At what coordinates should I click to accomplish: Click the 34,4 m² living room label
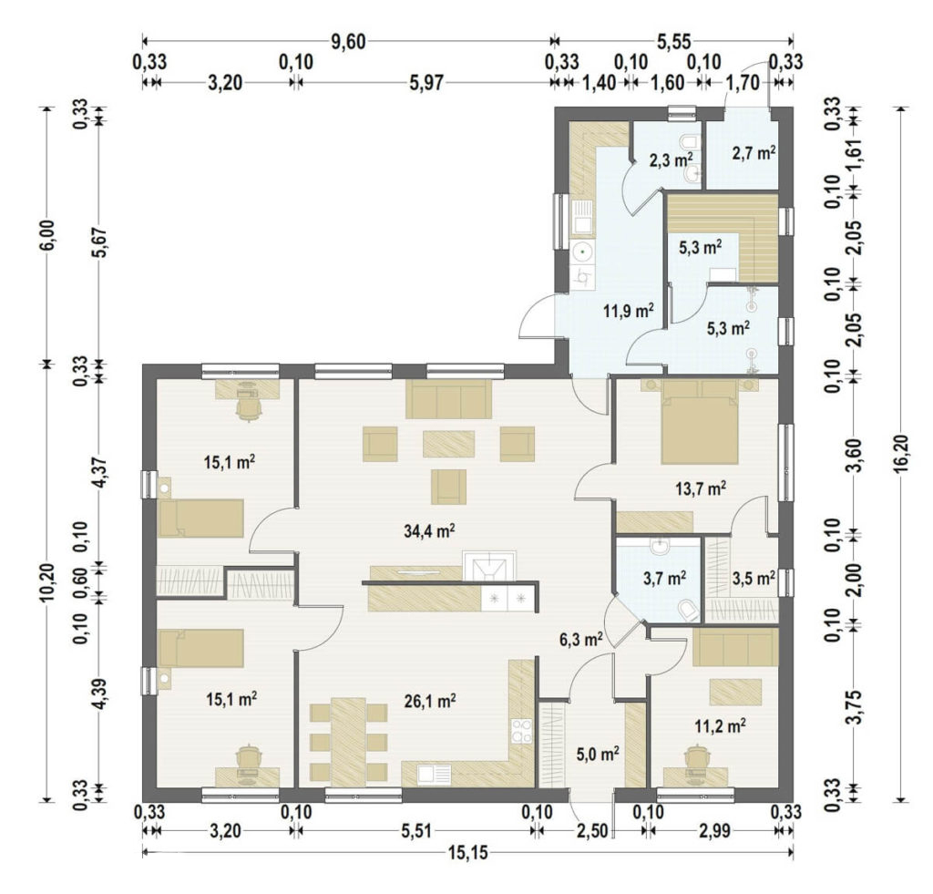[430, 530]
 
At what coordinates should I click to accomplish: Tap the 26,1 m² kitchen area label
[430, 701]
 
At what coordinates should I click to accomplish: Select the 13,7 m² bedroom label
[701, 489]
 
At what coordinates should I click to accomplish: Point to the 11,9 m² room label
[629, 310]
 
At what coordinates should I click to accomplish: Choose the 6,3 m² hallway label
[582, 640]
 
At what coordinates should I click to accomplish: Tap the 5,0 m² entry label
[598, 755]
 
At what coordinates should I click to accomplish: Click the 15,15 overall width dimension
[467, 853]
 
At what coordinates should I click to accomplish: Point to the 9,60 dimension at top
[348, 42]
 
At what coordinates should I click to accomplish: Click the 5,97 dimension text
[426, 82]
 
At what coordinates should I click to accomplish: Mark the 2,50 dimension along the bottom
[591, 830]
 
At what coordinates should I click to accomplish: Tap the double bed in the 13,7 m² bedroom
[700, 422]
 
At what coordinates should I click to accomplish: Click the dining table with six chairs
[349, 742]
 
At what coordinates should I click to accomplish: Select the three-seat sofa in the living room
[448, 399]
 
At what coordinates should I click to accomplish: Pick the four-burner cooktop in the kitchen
[521, 732]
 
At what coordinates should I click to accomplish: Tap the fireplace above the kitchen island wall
[489, 565]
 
